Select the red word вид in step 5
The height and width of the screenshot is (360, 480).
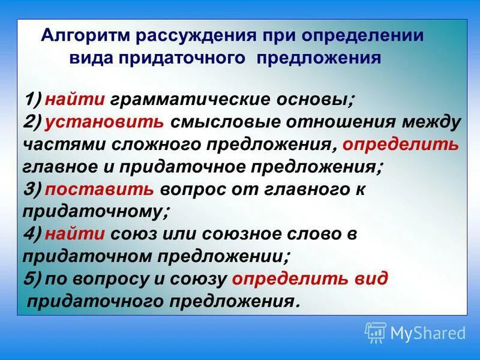[376, 279]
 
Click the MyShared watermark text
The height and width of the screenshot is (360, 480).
[428, 332]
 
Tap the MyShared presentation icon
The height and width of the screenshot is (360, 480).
[376, 332]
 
